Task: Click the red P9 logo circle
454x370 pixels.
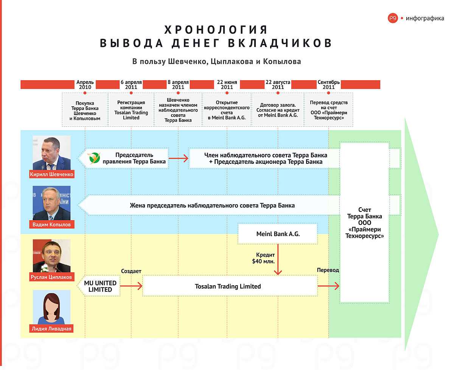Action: [x=393, y=18]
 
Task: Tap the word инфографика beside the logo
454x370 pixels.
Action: [x=425, y=19]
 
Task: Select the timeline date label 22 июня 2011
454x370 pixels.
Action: [x=227, y=85]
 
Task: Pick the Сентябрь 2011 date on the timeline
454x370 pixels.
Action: [x=328, y=85]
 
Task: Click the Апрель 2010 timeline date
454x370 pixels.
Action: [x=85, y=85]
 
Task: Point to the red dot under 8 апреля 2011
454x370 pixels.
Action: [x=178, y=93]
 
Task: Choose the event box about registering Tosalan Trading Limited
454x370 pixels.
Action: [x=131, y=110]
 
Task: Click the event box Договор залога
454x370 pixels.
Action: [x=278, y=110]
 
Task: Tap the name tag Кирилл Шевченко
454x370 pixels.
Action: [x=51, y=174]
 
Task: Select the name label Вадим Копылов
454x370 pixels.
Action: [x=51, y=224]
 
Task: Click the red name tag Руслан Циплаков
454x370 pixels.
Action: [x=51, y=277]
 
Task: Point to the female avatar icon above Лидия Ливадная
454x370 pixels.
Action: [x=51, y=307]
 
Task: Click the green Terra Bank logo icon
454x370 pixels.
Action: [x=94, y=158]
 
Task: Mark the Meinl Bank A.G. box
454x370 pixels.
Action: [x=278, y=234]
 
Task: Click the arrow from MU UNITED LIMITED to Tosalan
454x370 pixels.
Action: [x=131, y=286]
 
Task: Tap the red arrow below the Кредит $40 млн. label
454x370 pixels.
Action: [x=278, y=260]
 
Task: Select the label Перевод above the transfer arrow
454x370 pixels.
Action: [x=328, y=270]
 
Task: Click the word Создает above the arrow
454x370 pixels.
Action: [x=131, y=271]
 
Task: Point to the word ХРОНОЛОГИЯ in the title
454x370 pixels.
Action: [x=216, y=30]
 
